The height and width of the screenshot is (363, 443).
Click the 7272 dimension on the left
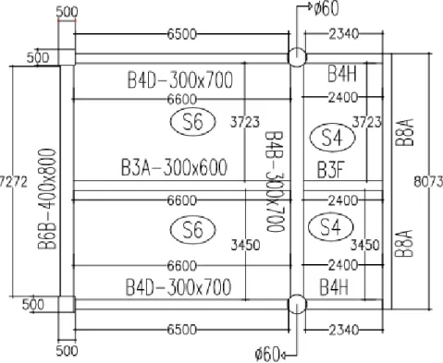click(x=13, y=182)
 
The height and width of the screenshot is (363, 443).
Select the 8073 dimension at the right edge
click(x=428, y=182)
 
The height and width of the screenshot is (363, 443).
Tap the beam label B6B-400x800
click(x=47, y=199)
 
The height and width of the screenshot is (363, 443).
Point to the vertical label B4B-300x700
click(x=275, y=181)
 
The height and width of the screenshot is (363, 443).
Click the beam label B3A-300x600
click(x=174, y=167)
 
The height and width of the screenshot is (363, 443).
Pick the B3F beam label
click(x=330, y=170)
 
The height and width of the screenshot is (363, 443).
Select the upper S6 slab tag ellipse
click(x=193, y=122)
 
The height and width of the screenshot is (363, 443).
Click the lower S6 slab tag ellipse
click(x=193, y=229)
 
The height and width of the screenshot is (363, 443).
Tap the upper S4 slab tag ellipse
click(x=332, y=138)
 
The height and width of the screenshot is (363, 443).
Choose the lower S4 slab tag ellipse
click(x=331, y=227)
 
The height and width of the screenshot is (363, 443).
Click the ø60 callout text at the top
click(x=326, y=8)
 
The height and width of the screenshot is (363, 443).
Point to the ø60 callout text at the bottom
click(x=267, y=354)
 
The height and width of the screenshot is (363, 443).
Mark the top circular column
click(x=297, y=57)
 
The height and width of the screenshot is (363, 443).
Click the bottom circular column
click(x=297, y=304)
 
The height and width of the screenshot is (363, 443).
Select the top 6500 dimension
click(x=182, y=34)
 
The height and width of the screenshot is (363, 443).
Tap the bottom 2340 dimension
click(x=344, y=331)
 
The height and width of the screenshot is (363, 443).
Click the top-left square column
click(x=67, y=57)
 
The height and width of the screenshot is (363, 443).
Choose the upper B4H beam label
click(x=341, y=74)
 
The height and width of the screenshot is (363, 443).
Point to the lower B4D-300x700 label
click(x=178, y=287)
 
